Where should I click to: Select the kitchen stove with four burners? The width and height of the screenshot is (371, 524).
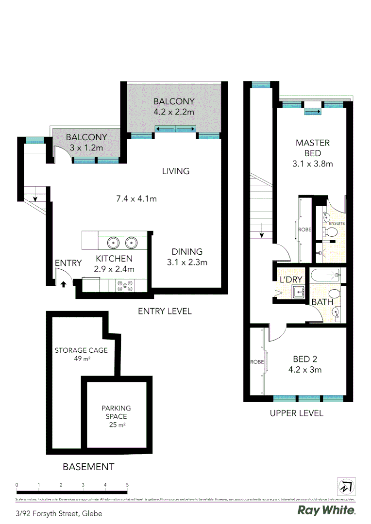click(124, 287)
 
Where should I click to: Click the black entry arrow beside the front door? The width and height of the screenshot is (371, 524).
click(63, 284)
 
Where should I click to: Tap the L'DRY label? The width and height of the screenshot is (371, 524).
click(291, 279)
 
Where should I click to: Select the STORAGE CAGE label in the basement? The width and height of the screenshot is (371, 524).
click(81, 350)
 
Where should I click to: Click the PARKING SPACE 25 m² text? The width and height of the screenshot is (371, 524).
click(116, 416)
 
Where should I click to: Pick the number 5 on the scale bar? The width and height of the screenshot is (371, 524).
click(127, 485)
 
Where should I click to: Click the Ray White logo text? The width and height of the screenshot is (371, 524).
click(326, 510)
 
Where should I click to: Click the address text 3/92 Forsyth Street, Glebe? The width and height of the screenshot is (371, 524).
click(59, 513)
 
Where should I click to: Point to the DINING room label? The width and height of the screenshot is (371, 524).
click(186, 252)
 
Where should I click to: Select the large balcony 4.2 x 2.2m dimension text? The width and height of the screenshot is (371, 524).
click(174, 112)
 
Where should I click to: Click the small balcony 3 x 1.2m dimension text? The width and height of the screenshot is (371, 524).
click(86, 147)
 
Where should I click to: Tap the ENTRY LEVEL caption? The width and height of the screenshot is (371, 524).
click(165, 311)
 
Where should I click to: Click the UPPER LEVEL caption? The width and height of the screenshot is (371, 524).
click(296, 413)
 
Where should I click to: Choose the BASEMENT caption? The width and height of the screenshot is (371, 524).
click(88, 467)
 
